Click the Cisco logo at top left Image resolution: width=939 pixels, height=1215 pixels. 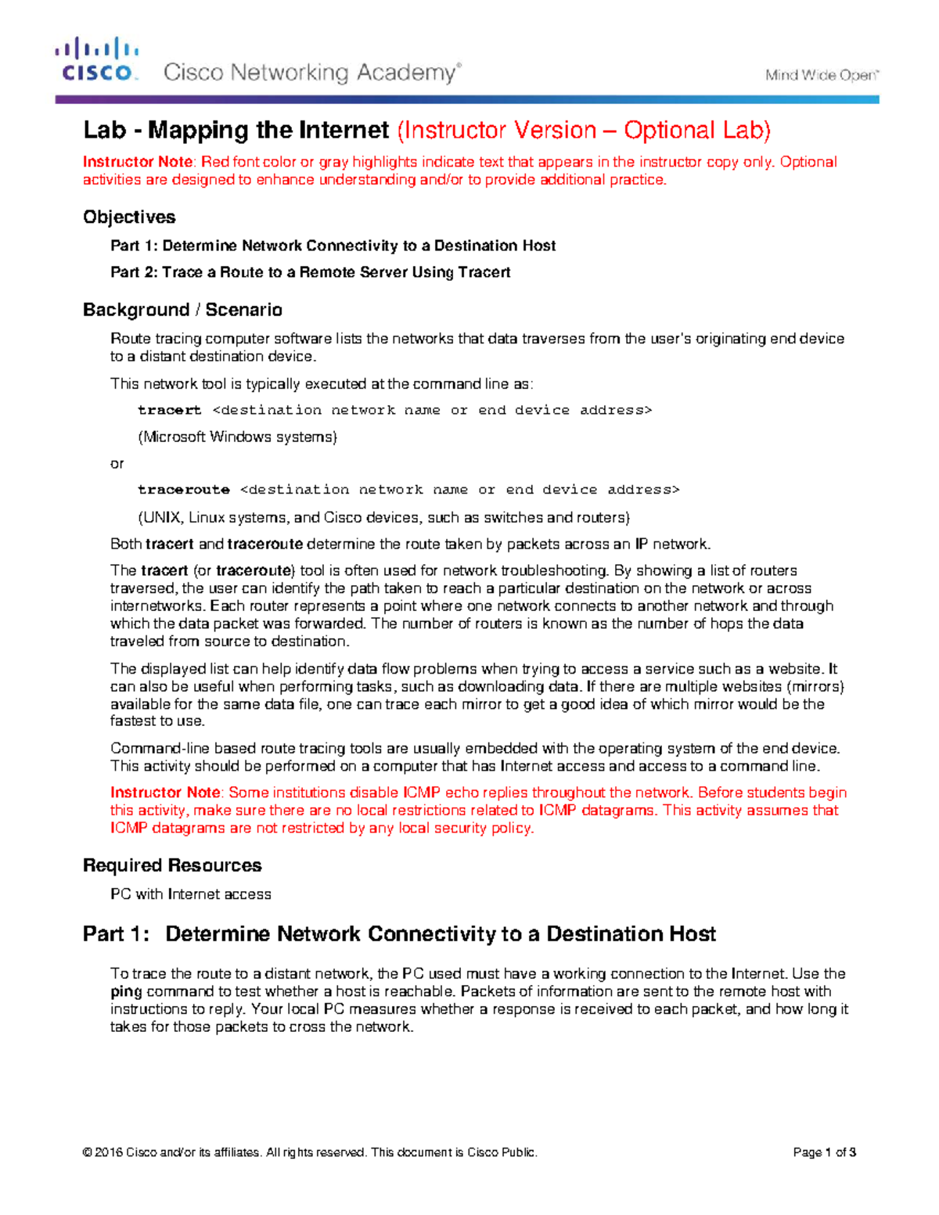click(x=96, y=60)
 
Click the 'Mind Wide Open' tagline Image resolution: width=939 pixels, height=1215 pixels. click(x=822, y=75)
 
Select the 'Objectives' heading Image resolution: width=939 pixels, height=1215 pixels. click(x=129, y=217)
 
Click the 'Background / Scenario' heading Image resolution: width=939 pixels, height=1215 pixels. click(x=182, y=310)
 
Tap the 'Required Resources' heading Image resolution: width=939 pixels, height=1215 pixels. click(x=172, y=865)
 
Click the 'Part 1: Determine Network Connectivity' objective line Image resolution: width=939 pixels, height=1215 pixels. click(x=333, y=246)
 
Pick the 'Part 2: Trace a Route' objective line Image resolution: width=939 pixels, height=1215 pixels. click(x=310, y=272)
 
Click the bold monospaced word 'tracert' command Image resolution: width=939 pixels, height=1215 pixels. click(x=169, y=410)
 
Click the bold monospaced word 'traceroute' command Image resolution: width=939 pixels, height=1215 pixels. click(x=183, y=490)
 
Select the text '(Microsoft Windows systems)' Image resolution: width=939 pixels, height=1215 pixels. click(x=237, y=437)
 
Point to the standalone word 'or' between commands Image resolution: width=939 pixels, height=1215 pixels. click(x=117, y=464)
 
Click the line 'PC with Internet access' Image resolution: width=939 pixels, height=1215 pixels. click(x=190, y=894)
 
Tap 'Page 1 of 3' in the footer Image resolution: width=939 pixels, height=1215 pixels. click(x=824, y=1152)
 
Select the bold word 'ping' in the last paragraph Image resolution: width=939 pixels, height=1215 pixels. click(x=126, y=991)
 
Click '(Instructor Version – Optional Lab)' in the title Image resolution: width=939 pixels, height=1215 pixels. click(x=584, y=130)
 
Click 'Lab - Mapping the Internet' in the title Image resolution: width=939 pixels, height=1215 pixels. click(x=236, y=130)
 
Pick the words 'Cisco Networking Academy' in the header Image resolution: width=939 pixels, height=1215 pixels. click(x=310, y=73)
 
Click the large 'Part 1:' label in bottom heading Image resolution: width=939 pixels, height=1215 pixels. click(x=115, y=934)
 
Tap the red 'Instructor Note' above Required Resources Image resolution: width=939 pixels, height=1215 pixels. click(x=165, y=793)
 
